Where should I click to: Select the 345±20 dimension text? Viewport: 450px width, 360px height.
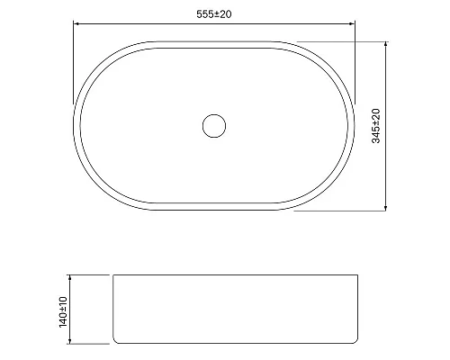click(x=377, y=126)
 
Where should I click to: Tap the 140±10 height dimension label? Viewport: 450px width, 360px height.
click(x=63, y=309)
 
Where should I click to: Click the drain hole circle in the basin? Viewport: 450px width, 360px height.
click(x=214, y=125)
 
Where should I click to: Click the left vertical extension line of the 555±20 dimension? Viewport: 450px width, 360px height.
click(x=73, y=63)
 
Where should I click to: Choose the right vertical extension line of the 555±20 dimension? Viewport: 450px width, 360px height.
click(x=356, y=63)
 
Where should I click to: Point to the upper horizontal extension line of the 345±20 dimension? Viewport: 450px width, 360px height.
click(x=342, y=40)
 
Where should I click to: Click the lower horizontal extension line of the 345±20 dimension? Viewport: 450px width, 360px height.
click(x=342, y=214)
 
